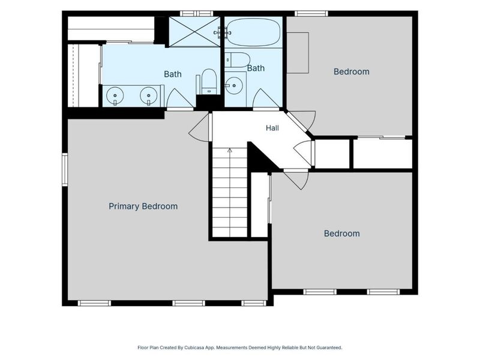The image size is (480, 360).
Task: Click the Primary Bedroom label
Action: (143, 206)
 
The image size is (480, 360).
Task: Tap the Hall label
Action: (272, 128)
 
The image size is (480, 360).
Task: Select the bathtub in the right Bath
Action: (254, 32)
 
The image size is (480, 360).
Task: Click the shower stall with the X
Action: (194, 32)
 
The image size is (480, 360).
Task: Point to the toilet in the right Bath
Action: (238, 60)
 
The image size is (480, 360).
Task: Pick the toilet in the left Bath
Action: (209, 82)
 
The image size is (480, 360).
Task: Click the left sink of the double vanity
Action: (115, 95)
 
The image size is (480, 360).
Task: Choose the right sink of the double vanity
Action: (148, 95)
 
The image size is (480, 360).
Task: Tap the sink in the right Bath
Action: (234, 85)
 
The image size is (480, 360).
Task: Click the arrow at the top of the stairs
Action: (230, 151)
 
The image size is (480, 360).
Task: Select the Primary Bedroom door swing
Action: (199, 128)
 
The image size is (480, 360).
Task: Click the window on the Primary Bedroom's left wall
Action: (65, 170)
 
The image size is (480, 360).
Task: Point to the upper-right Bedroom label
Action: (351, 71)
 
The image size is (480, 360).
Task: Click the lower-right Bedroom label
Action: (341, 233)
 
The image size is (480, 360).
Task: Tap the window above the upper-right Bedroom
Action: (311, 13)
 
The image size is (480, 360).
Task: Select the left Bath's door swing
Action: (179, 98)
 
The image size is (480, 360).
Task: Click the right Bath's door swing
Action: (266, 98)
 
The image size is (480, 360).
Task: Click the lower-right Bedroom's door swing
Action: (296, 179)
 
